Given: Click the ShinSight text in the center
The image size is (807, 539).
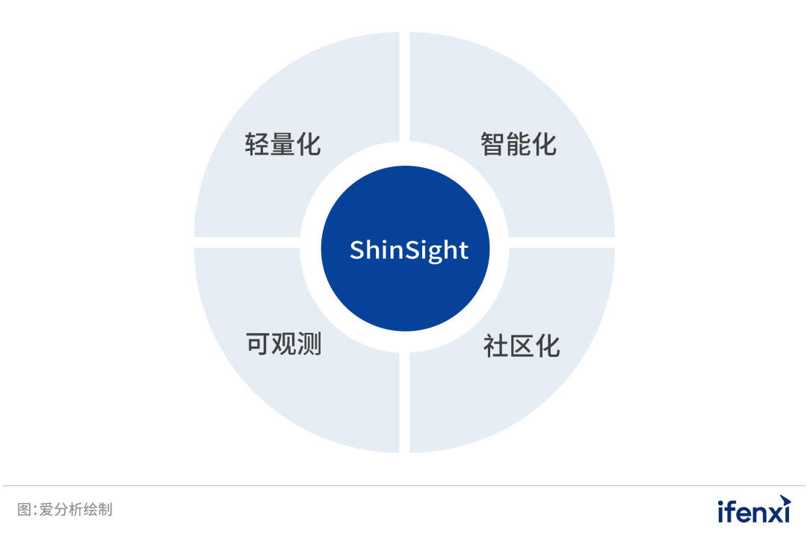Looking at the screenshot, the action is tap(409, 250).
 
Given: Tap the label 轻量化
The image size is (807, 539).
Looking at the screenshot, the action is tap(283, 144).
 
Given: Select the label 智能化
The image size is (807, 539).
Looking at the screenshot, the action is tap(519, 144).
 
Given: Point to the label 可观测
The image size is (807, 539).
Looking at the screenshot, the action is tap(284, 344).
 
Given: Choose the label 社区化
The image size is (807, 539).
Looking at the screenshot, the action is tap(522, 346).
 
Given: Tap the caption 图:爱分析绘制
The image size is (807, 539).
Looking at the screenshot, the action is tap(65, 510).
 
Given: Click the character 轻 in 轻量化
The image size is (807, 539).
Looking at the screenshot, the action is tap(257, 144).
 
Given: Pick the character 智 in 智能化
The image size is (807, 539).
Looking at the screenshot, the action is tap(493, 144).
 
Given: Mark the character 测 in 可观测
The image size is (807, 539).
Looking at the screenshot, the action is tap(309, 344).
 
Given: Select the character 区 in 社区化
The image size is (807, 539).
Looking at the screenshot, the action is tap(522, 346).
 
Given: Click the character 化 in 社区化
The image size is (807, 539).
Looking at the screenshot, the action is tap(548, 346).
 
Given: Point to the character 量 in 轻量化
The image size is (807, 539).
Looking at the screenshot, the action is tap(283, 144).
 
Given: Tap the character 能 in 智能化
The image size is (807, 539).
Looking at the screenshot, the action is tap(519, 144).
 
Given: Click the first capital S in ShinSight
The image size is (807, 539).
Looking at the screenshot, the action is tap(357, 250).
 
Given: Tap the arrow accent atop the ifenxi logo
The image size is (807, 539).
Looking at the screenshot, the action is tap(784, 499).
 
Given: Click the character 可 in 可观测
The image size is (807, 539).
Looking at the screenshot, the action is tap(258, 344).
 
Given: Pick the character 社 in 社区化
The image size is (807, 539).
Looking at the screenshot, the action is tap(495, 346).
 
